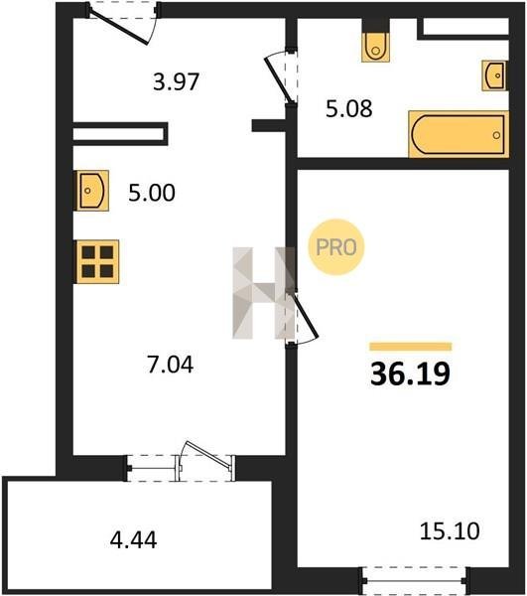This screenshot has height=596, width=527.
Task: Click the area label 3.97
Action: coord(177,81)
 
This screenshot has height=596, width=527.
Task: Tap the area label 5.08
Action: coord(349,108)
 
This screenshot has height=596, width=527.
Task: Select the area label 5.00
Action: coord(152,193)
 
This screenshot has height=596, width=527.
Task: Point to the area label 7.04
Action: coord(170,365)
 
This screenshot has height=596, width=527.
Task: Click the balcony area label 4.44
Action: coord(133,539)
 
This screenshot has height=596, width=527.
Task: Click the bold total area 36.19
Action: coord(410,373)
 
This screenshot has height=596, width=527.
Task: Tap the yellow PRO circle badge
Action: coord(336,247)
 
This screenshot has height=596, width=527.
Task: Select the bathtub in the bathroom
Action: coord(459,134)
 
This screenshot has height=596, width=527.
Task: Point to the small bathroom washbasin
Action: coord(495,75)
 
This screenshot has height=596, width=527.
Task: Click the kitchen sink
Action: coord(92,191)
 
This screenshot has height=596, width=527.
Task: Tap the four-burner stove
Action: coord(97,262)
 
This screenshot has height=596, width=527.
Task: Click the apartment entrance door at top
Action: coord(123,24)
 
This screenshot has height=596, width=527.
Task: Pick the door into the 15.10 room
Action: coord(302,318)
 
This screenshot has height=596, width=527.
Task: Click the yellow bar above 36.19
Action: coord(411,347)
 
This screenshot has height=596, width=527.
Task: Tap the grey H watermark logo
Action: coord(264,293)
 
